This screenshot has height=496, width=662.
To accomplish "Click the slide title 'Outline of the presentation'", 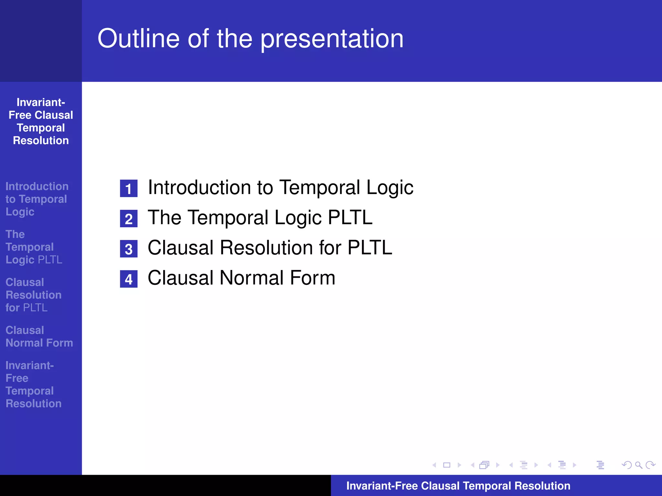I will click(x=251, y=39).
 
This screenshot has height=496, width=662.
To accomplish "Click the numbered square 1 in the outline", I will click(x=129, y=189).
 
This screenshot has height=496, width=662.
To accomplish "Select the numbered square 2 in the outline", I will click(x=129, y=219).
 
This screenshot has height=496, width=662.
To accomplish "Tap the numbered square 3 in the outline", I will click(x=129, y=249).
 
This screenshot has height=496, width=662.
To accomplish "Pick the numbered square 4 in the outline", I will click(x=129, y=279).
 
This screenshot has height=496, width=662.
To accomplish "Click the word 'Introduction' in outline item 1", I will click(x=199, y=187).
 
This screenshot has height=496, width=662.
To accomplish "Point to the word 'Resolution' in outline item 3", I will click(x=267, y=248).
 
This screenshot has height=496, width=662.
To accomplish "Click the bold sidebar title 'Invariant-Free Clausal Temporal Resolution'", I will click(x=41, y=121).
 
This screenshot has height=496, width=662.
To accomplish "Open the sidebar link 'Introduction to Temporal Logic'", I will click(x=36, y=199).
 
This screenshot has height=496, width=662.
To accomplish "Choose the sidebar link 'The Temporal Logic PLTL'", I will click(x=34, y=247).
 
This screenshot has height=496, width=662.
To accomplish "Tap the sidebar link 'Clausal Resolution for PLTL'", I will click(x=33, y=295).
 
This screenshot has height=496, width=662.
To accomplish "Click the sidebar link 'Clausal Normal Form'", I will click(x=39, y=336).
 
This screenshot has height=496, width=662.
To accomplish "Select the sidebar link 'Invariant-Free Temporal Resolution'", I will click(x=33, y=384).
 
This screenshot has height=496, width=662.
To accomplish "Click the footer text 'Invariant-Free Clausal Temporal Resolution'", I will click(x=458, y=486).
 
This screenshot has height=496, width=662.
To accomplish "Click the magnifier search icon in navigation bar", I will click(x=638, y=465).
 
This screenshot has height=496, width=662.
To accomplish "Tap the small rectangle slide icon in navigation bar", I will click(x=447, y=465).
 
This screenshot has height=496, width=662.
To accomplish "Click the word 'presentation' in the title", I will click(x=332, y=39).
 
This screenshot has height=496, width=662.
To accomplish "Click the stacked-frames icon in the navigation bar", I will click(x=484, y=465).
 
